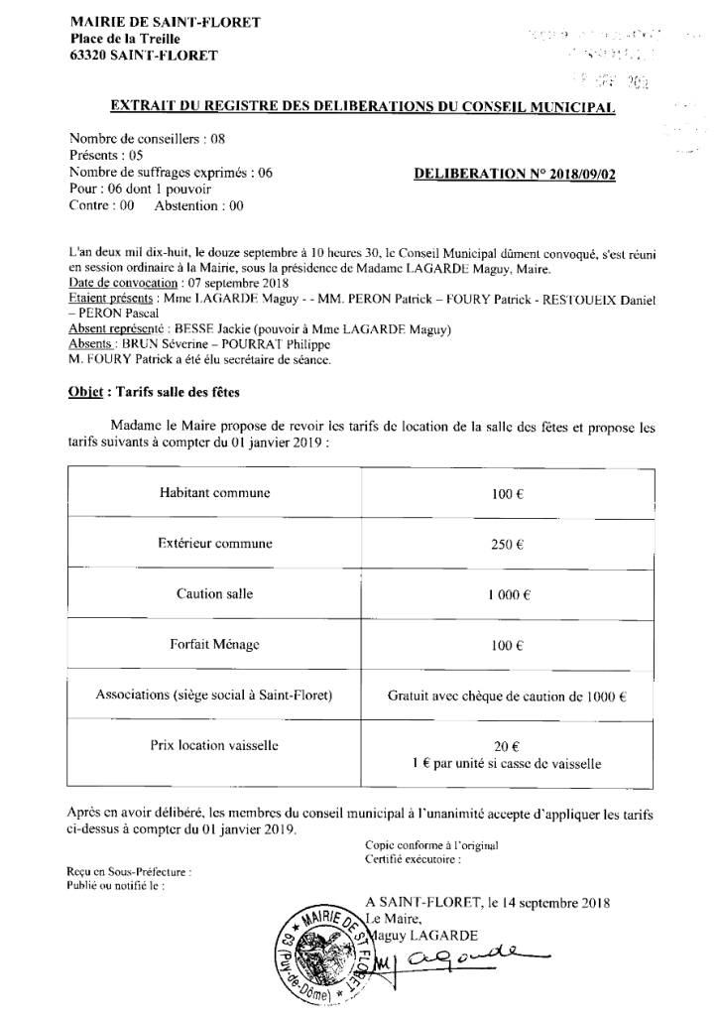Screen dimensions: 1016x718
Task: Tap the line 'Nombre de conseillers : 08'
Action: (x=148, y=141)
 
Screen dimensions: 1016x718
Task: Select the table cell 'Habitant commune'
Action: (x=214, y=493)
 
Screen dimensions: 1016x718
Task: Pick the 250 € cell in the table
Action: (x=507, y=544)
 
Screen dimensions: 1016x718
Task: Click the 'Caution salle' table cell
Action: (x=214, y=594)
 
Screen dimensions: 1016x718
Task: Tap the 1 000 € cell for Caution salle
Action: (x=507, y=595)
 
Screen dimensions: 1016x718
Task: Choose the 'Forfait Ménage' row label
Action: (x=214, y=644)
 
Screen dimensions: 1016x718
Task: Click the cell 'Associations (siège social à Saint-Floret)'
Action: (x=214, y=695)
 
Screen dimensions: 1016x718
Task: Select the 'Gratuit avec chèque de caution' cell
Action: (x=507, y=696)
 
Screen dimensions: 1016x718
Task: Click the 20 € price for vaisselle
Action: (x=507, y=746)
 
